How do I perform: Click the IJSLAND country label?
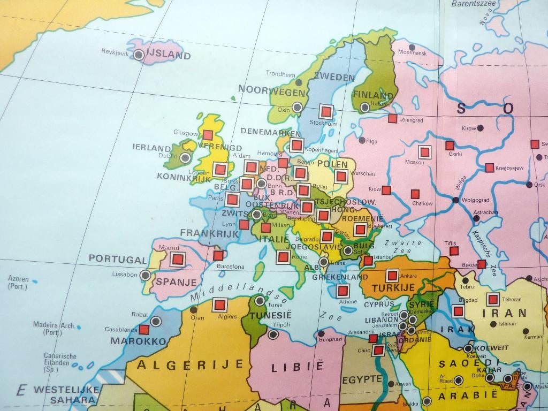(168, 55)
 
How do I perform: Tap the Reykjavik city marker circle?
(139, 55)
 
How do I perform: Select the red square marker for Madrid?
(178, 260)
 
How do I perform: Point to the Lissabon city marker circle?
(145, 275)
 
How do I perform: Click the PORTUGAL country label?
(117, 260)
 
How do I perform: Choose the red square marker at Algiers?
(219, 305)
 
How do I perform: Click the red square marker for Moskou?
(424, 152)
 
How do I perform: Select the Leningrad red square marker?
(392, 118)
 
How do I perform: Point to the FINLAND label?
(373, 96)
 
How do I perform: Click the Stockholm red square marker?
(326, 111)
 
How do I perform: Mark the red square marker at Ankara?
(392, 276)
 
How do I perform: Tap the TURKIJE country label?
(393, 288)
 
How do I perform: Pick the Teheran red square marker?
(493, 300)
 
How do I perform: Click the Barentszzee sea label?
(474, 4)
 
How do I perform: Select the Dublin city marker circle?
(185, 158)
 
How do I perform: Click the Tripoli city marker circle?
(273, 334)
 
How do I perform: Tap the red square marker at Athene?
(342, 291)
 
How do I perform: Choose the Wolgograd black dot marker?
(455, 200)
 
